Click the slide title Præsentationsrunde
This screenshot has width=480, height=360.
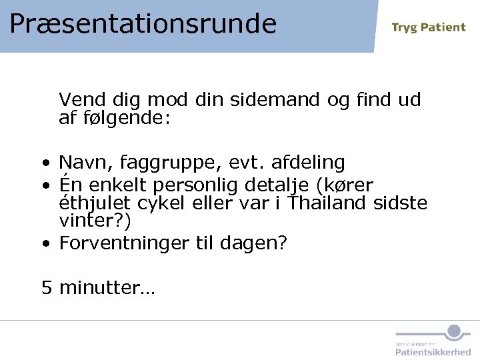(x=143, y=23)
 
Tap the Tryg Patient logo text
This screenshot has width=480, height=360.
(x=428, y=27)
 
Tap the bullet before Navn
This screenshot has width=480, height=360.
(x=44, y=163)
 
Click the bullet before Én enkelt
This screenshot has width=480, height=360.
(x=44, y=185)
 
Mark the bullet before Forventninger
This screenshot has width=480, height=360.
(x=44, y=244)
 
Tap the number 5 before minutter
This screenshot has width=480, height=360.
(x=47, y=288)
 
